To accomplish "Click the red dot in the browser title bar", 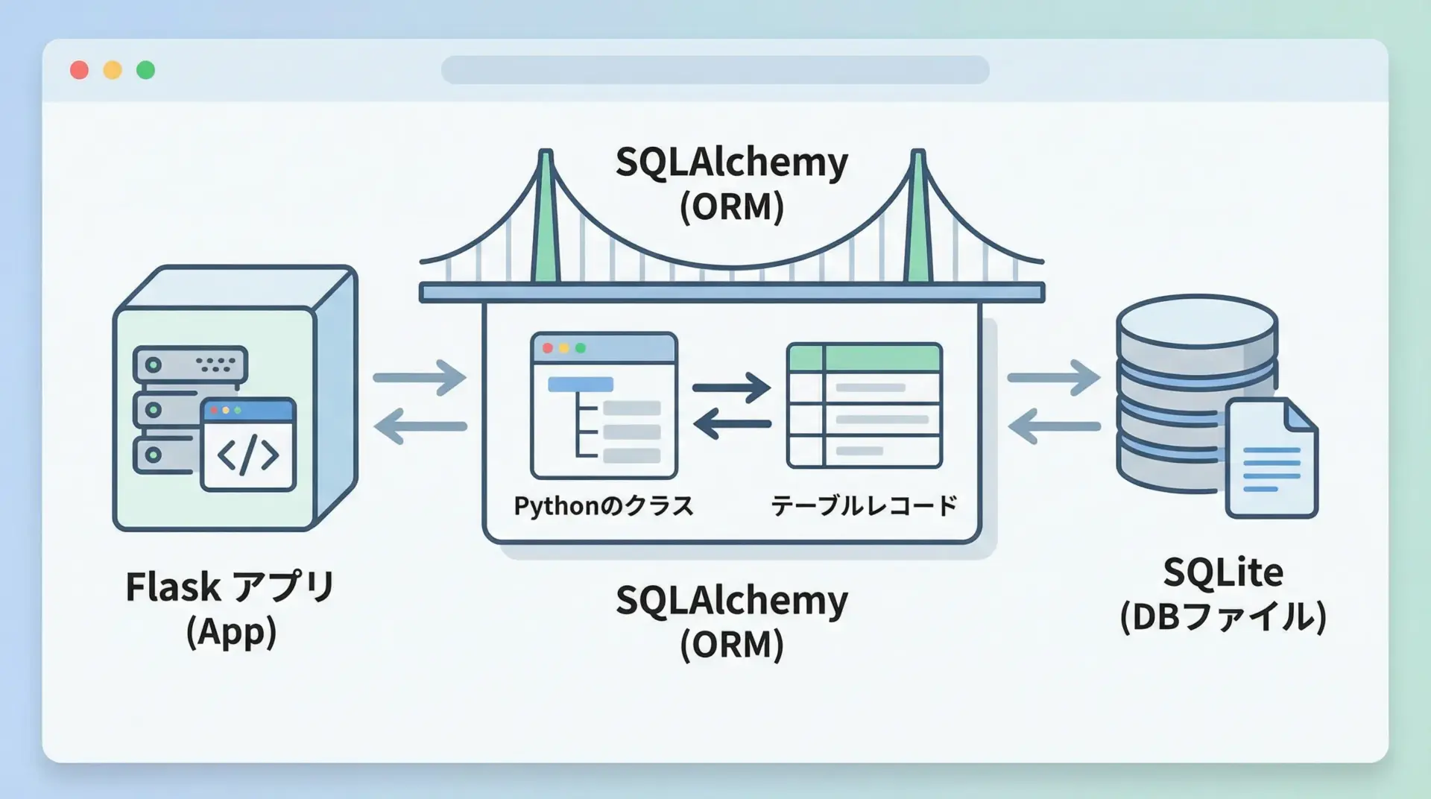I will coord(79,70).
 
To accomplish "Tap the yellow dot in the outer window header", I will coord(113,70).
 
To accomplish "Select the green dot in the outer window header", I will coord(146,70).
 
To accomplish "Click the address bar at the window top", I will coord(715,70).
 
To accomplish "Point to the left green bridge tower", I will coord(546,224).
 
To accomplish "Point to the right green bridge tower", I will coord(918,224).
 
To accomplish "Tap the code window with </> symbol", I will coord(248,445).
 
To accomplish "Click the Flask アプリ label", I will coord(230,587).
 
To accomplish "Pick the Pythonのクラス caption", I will coord(604,506).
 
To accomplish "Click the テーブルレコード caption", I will coord(864,506).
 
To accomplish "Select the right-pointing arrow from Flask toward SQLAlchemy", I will coord(420,378).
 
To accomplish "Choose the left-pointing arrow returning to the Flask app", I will coord(420,426).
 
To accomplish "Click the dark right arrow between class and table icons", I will coord(731,388).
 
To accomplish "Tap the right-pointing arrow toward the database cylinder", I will coord(1053,378).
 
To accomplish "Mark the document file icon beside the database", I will coord(1271,459).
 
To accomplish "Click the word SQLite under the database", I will coord(1223,572).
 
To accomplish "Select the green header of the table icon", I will coord(865,358).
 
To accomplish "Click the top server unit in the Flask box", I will coord(190,365).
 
